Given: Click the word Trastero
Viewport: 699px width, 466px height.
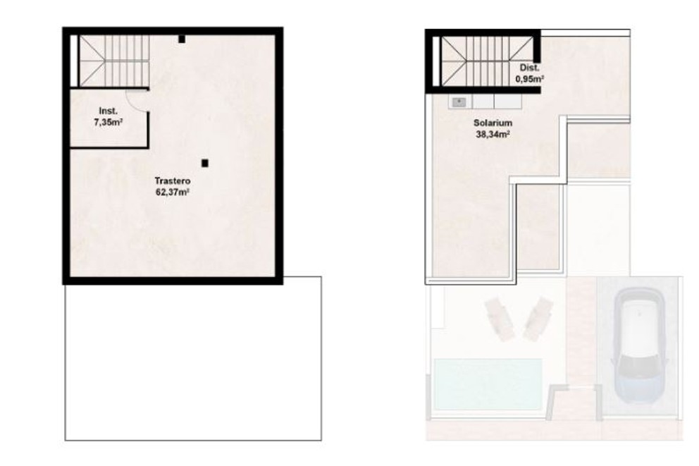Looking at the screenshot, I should click(x=173, y=181).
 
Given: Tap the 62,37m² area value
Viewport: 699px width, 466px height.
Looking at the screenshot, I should click(x=173, y=191).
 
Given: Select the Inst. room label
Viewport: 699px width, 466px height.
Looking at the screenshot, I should click(x=108, y=111).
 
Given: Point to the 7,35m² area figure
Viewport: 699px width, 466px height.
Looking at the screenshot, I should click(x=108, y=122).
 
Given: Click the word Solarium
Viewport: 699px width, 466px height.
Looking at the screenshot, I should click(x=493, y=123).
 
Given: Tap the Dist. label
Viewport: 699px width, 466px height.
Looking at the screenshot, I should click(x=529, y=68).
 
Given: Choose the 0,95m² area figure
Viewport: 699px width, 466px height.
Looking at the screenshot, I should click(x=529, y=79).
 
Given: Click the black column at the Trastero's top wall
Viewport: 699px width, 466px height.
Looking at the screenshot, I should click(x=182, y=39).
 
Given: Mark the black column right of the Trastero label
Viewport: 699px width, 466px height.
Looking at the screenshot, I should click(x=204, y=163).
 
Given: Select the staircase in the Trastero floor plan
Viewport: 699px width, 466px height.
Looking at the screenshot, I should click(x=113, y=61).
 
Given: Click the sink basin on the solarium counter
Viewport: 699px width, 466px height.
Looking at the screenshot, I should click(x=459, y=102).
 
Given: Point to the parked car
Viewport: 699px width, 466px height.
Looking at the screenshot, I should click(x=640, y=345).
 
